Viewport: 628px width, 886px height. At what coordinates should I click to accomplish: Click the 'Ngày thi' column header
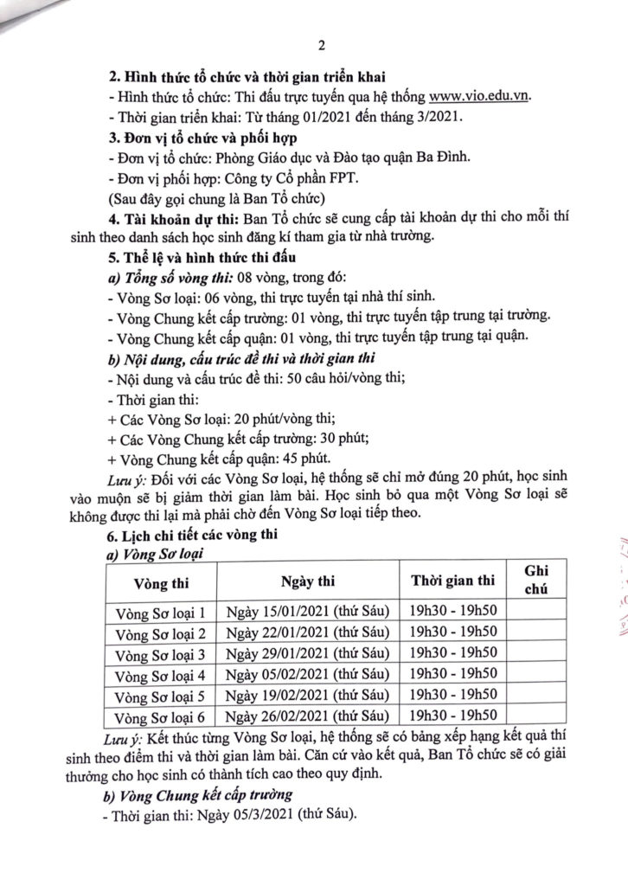(309, 579)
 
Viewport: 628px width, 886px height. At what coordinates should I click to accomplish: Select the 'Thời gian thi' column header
(452, 579)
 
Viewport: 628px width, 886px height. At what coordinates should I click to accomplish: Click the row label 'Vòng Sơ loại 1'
(161, 613)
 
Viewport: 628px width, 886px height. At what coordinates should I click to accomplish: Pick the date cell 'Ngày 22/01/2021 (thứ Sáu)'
(309, 633)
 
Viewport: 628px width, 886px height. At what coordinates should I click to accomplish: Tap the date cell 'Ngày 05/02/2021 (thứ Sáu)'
(309, 675)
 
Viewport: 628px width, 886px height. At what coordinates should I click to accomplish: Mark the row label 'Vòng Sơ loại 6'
(161, 716)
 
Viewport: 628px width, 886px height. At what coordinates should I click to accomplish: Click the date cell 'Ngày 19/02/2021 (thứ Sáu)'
(309, 696)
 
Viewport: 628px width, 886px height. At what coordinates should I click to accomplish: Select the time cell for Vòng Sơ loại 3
(452, 654)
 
